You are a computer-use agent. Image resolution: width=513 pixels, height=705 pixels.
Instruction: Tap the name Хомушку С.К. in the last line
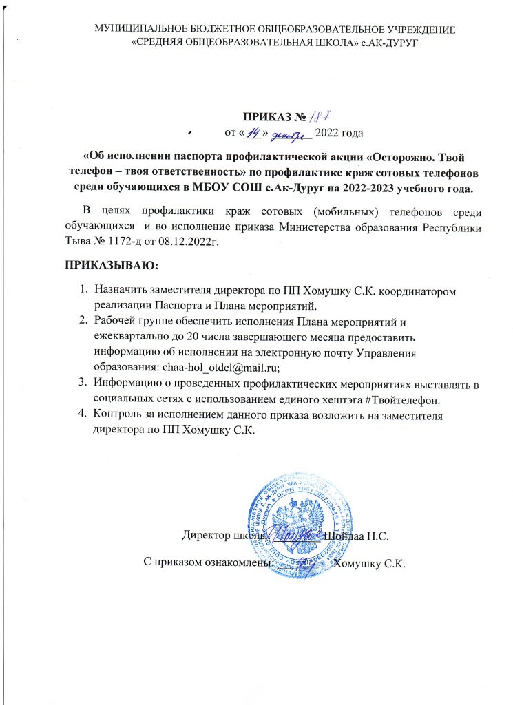tap(370, 563)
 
